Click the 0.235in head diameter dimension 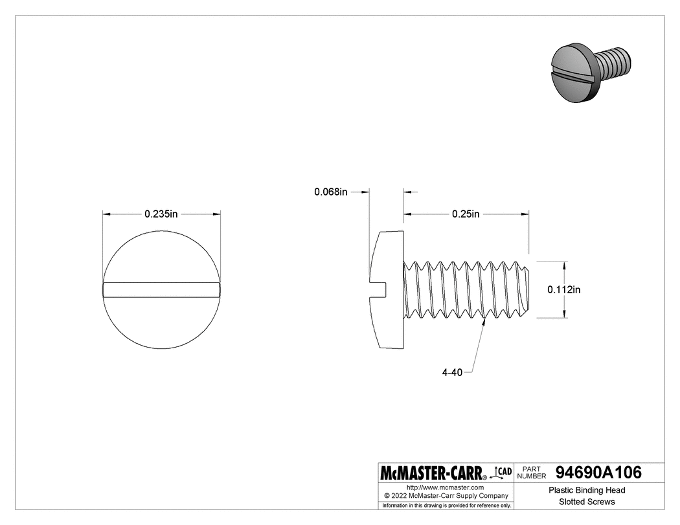(x=161, y=214)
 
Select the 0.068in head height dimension (x=331, y=192)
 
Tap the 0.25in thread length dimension (x=466, y=214)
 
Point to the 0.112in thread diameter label (x=564, y=290)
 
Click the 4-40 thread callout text (x=453, y=372)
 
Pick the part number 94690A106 (x=598, y=473)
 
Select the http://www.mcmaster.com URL (x=445, y=487)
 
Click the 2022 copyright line (x=445, y=495)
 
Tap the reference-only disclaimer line (x=446, y=505)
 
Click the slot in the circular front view (x=162, y=290)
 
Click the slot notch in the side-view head (x=378, y=290)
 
